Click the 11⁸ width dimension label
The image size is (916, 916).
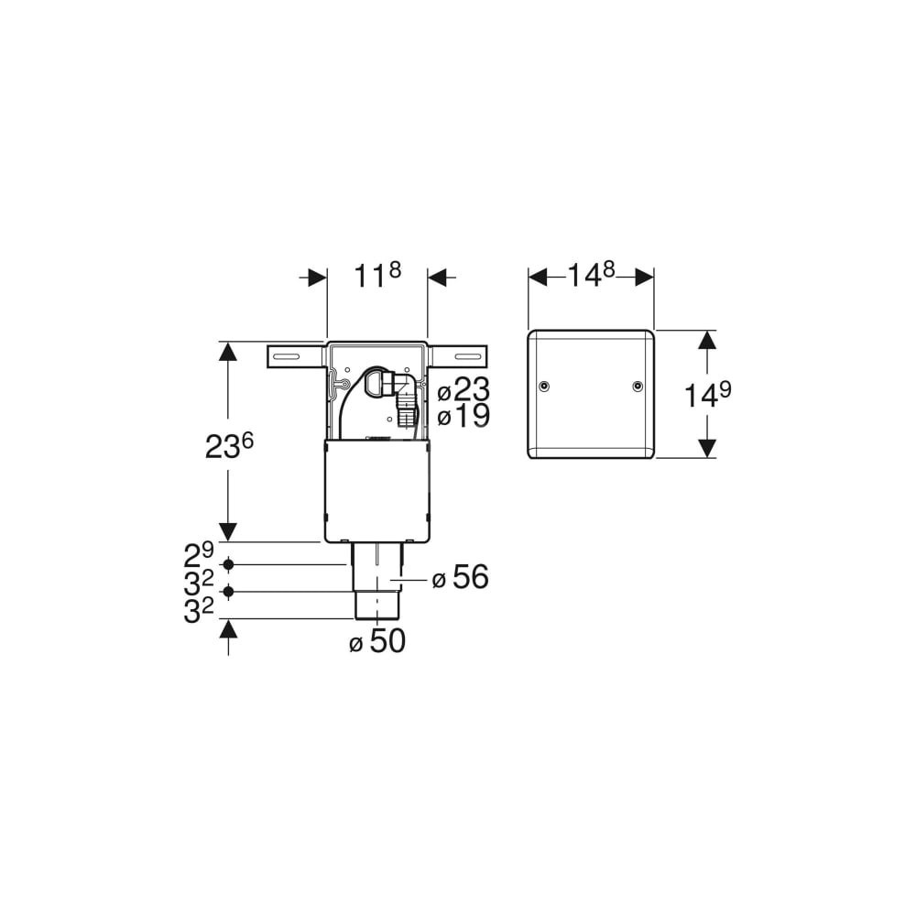377,276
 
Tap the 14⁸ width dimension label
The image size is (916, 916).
591,275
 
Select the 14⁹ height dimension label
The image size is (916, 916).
708,396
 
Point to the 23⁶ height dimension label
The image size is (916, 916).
229,446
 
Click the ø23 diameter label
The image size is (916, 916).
463,389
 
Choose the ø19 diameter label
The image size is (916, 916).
463,417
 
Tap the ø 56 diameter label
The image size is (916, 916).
460,577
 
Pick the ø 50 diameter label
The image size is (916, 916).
376,641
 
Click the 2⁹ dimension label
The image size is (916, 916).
199,555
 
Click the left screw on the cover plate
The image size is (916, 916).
544,387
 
